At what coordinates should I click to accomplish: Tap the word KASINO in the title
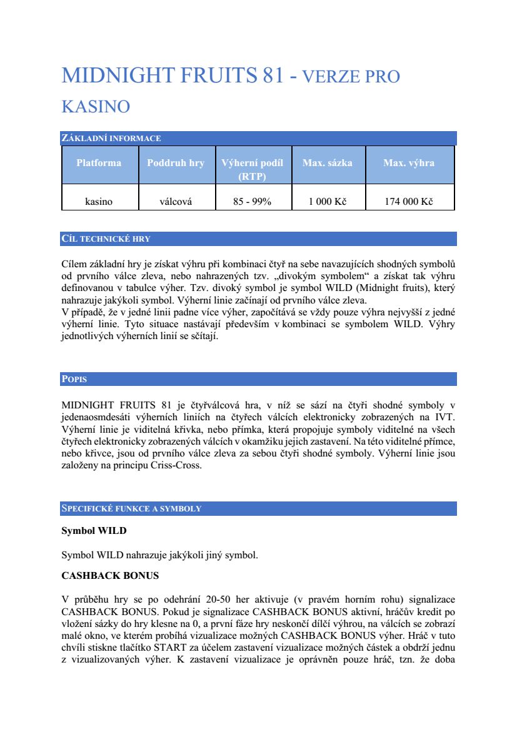(x=96, y=106)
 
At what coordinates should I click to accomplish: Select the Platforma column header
(x=99, y=163)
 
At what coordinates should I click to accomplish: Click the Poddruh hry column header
(x=176, y=163)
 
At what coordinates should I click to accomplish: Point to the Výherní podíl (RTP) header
(x=253, y=169)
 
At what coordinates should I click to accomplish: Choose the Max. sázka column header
(x=328, y=163)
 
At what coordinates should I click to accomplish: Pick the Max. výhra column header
(x=409, y=163)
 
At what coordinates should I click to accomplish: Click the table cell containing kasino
(x=99, y=202)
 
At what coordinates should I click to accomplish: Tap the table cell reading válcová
(x=176, y=202)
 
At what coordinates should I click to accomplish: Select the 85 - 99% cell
(x=253, y=202)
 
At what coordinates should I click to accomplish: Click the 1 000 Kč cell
(x=328, y=202)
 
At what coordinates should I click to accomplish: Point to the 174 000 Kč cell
(x=409, y=202)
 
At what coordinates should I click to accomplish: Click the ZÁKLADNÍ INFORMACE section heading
(x=111, y=138)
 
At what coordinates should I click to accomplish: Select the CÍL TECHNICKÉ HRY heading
(x=106, y=239)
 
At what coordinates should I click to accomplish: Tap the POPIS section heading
(x=74, y=379)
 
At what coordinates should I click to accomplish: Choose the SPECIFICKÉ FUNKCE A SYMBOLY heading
(x=131, y=508)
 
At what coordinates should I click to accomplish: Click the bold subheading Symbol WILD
(x=94, y=531)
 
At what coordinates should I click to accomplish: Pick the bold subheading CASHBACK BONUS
(x=110, y=575)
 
